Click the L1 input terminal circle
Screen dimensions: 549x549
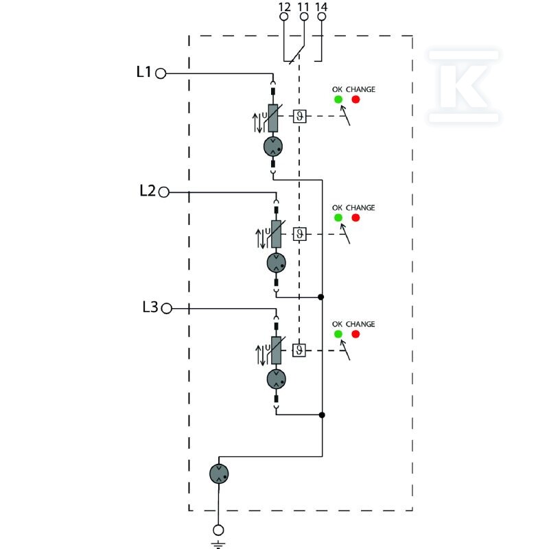161,73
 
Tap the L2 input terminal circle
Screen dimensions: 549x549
163,192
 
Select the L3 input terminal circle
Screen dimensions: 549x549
167,308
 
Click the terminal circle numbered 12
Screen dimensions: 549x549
284,16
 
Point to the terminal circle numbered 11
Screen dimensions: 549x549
304,16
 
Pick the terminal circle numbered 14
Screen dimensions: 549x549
321,16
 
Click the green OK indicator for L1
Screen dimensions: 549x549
338,100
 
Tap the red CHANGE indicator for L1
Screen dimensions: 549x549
355,100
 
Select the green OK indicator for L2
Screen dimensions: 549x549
338,218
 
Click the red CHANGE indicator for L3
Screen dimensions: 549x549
355,334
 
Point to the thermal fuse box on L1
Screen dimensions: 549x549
300,116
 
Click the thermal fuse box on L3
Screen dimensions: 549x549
299,350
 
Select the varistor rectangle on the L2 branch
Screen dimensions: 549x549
277,234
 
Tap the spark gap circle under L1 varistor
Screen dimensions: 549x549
273,147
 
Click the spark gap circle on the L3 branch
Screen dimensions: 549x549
277,379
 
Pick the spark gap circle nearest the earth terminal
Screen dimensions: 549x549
219,474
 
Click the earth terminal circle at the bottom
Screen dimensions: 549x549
218,530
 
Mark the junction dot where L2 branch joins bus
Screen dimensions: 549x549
320,297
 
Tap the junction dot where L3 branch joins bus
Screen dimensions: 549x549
322,415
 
